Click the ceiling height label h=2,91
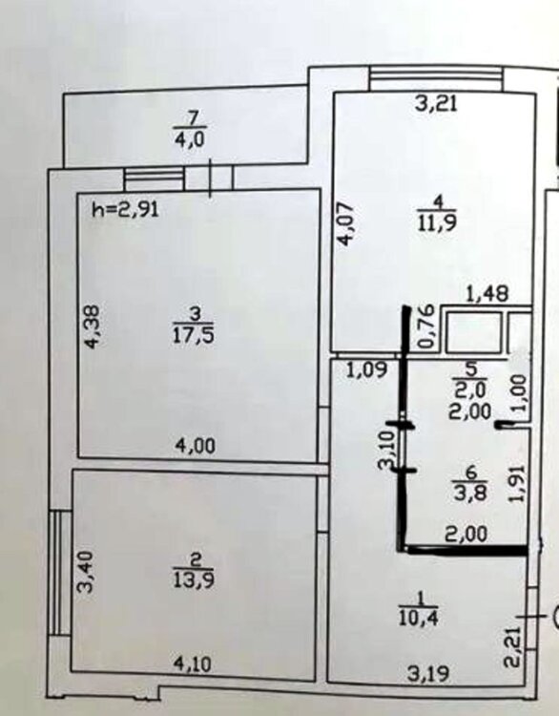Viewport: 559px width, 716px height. [126, 210]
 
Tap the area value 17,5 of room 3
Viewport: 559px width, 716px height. [194, 336]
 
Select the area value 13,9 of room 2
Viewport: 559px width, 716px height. [194, 579]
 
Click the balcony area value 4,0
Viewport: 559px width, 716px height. [190, 138]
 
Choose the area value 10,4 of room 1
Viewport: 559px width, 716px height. [419, 619]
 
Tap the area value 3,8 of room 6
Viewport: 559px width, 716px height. [470, 493]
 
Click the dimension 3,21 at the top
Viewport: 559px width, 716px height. [436, 104]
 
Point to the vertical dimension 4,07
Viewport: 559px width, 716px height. [346, 223]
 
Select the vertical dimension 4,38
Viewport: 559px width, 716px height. [92, 326]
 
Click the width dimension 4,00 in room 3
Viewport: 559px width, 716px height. [196, 446]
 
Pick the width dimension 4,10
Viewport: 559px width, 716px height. [192, 664]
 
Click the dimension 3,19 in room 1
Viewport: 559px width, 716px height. [428, 674]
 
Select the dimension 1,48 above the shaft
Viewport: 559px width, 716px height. [487, 294]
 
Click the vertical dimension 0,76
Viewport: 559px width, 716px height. [426, 326]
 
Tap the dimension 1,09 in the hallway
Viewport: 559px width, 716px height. [367, 369]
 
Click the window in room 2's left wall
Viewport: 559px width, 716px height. [60, 573]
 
